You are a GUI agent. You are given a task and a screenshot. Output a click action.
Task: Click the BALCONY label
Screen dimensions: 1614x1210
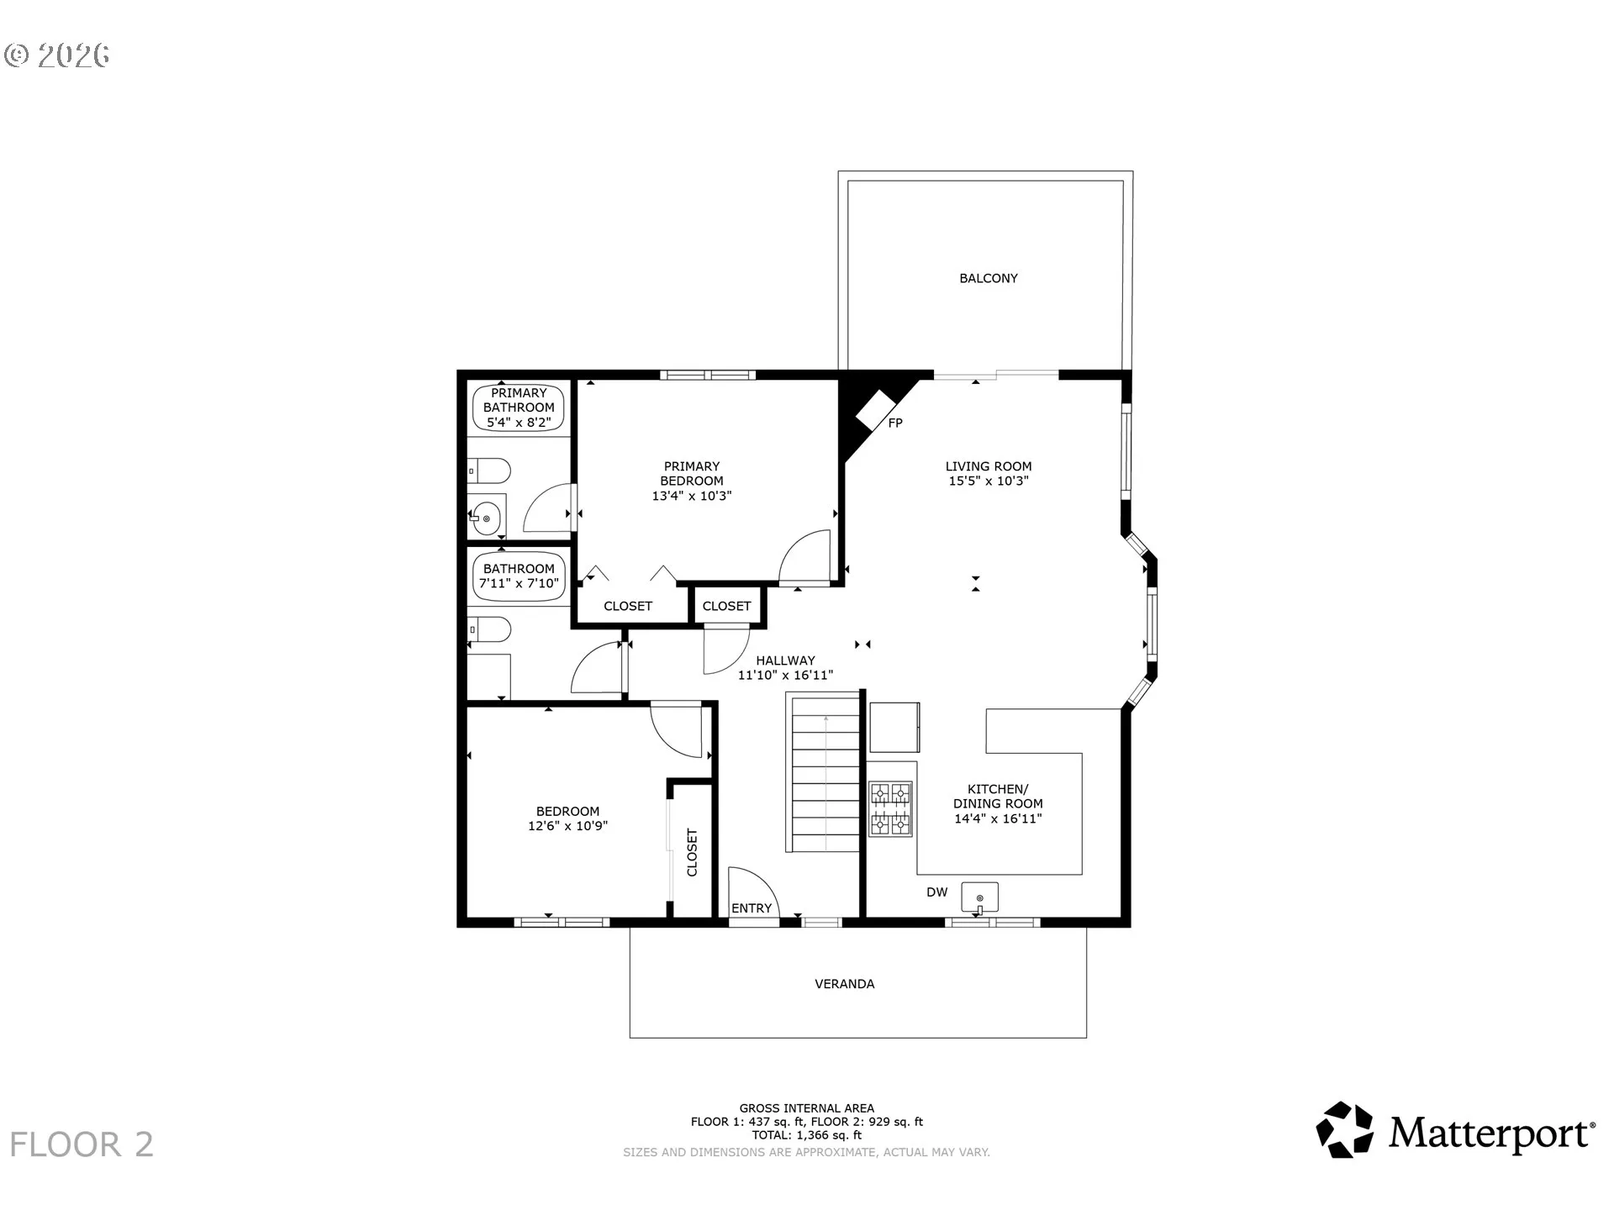[989, 278]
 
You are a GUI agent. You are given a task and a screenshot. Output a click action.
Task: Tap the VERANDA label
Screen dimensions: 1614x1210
[845, 984]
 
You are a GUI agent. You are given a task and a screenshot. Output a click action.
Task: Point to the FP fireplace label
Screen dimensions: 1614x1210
[895, 423]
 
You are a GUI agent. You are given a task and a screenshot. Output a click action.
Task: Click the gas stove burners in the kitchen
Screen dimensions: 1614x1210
[890, 809]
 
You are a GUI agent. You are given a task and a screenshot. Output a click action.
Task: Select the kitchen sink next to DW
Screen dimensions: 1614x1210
[979, 898]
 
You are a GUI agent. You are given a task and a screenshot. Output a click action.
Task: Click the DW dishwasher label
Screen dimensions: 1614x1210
[937, 892]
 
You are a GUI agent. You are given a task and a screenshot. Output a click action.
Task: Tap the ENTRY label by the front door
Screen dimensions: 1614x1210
[752, 908]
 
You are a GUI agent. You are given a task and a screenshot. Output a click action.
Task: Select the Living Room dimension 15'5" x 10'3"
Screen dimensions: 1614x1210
[989, 481]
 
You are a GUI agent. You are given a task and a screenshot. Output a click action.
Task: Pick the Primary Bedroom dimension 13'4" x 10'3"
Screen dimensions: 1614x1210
[692, 496]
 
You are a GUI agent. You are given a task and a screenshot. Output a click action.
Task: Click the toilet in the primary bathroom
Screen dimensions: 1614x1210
[489, 471]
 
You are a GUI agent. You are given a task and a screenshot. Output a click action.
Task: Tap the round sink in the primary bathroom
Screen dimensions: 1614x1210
[486, 518]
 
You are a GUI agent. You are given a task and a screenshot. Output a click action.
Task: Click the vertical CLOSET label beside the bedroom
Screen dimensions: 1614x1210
[693, 853]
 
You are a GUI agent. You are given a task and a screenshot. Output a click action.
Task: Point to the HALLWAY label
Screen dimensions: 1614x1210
[785, 660]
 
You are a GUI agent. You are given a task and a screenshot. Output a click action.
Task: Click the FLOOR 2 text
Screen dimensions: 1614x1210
[82, 1145]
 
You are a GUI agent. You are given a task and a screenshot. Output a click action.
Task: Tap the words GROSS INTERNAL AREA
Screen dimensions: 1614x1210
[807, 1108]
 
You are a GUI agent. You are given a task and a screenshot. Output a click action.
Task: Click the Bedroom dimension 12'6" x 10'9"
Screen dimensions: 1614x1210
[567, 826]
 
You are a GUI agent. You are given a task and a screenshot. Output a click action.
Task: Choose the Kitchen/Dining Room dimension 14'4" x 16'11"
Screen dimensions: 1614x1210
[998, 818]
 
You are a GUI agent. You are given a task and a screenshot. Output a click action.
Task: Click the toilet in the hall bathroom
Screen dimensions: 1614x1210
[489, 630]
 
